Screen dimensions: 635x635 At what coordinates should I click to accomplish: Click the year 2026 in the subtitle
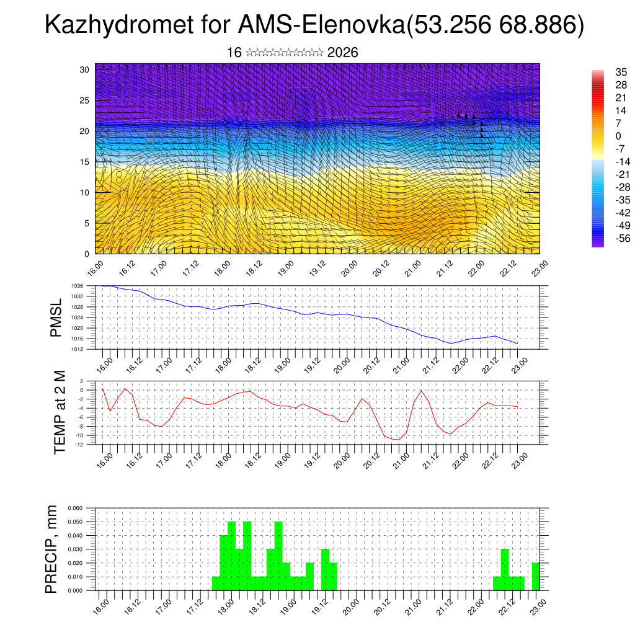pos(342,53)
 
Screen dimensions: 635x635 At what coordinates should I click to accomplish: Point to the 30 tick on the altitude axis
pos(84,69)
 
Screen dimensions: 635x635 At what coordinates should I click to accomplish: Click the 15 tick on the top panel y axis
pos(84,162)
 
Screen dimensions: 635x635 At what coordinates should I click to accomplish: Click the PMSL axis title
pos(56,317)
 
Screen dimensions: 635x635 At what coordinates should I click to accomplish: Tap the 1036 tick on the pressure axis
pos(78,285)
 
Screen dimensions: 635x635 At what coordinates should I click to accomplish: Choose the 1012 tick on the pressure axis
pos(78,349)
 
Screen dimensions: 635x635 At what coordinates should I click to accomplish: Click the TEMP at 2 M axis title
pos(60,412)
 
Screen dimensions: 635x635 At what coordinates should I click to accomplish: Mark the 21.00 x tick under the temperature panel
pos(402,460)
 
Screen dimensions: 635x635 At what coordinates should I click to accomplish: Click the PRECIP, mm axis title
pos(53,549)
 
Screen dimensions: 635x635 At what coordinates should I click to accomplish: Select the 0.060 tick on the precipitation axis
pos(74,508)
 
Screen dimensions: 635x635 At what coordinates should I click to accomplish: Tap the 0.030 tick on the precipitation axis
pos(74,549)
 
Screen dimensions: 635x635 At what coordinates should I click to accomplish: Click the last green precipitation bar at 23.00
pos(536,577)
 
